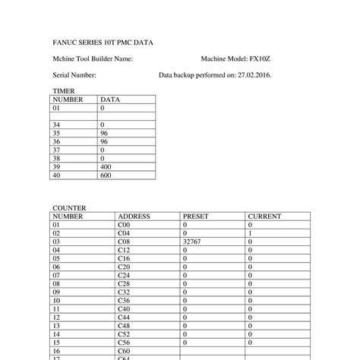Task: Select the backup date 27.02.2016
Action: point(254,76)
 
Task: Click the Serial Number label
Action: point(74,76)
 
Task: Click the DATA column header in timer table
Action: point(110,99)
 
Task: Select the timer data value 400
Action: point(106,166)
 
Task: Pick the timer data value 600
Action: point(106,175)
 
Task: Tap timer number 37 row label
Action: point(56,150)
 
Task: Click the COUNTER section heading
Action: point(69,207)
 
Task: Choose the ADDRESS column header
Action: point(134,216)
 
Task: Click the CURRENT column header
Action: point(265,216)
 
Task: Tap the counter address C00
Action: point(124,225)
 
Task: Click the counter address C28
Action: point(124,283)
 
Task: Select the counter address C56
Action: point(124,343)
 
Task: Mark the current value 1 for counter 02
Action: point(251,233)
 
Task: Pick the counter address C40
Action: point(124,309)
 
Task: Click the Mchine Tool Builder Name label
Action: point(93,58)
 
